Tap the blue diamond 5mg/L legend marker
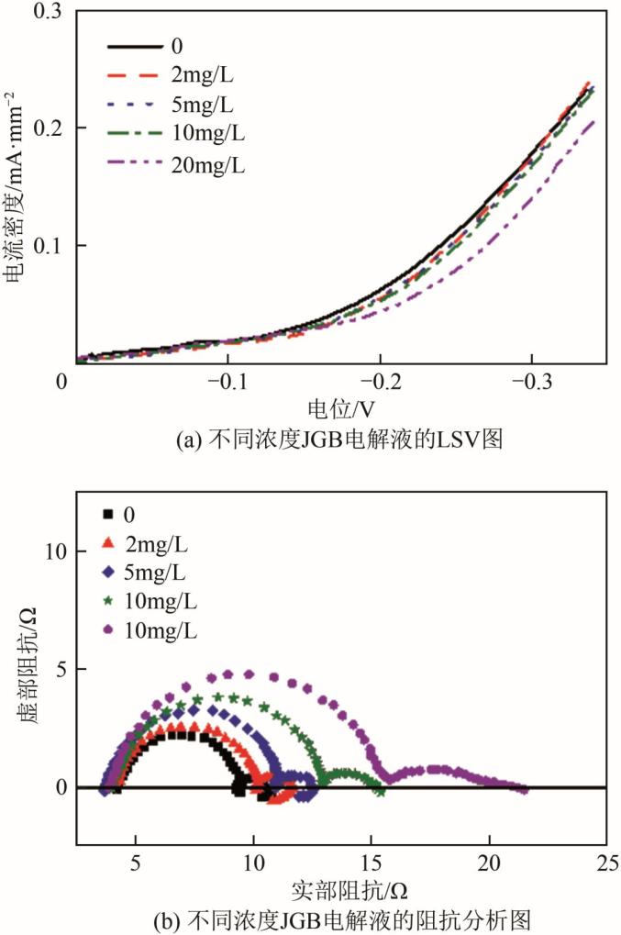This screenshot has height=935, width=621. [x=108, y=573]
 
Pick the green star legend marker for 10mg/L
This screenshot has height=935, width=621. [x=108, y=602]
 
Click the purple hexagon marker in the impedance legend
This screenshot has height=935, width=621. [x=108, y=631]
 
